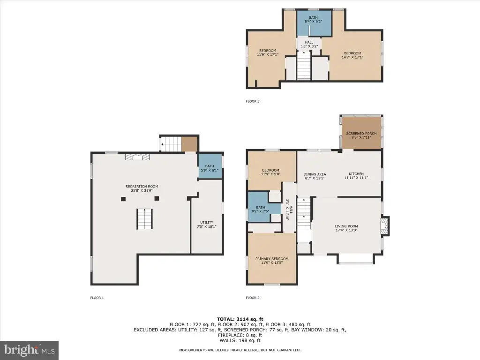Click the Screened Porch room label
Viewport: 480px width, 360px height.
click(x=361, y=135)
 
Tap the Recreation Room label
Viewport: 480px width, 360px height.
click(x=142, y=188)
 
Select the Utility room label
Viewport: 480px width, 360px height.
click(x=207, y=225)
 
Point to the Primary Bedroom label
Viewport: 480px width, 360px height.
click(x=272, y=261)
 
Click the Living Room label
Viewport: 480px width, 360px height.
click(x=346, y=228)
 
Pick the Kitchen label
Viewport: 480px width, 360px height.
click(x=356, y=175)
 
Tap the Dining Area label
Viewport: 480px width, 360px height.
click(x=315, y=176)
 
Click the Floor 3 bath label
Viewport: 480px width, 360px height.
click(x=313, y=20)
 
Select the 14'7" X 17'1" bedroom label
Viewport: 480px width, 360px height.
click(x=352, y=55)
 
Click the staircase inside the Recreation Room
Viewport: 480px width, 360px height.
click(x=144, y=219)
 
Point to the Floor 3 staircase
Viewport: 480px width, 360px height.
click(x=304, y=66)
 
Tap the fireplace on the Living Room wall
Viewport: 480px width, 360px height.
click(x=384, y=226)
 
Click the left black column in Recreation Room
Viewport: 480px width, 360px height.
click(x=123, y=199)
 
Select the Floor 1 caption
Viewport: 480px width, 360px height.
click(x=97, y=298)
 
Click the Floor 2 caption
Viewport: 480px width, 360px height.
click(x=253, y=298)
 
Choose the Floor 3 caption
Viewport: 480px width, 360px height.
click(x=253, y=101)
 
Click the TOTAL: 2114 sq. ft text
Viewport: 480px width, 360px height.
click(x=240, y=319)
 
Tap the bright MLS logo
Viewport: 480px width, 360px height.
click(x=29, y=350)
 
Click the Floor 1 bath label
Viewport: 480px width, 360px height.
click(x=210, y=168)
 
